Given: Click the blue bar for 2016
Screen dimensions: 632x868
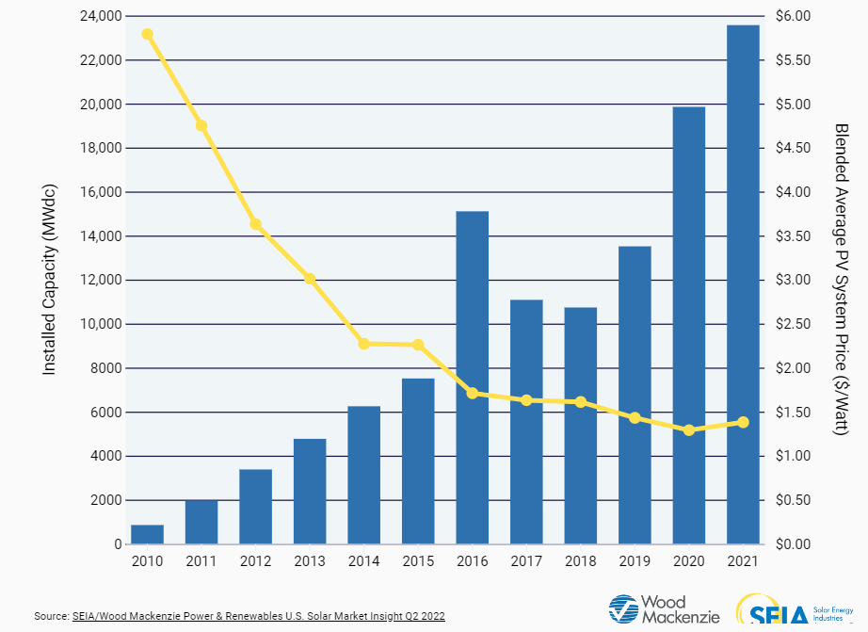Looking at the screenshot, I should point(472,377).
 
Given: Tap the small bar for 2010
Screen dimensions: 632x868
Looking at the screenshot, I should point(147,534).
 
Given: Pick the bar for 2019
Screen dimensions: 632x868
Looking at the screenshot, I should point(635,396).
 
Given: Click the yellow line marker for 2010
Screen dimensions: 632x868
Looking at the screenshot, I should point(147,34).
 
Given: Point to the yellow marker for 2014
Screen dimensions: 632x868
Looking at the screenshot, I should point(363,344).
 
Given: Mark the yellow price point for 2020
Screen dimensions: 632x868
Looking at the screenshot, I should point(689,430).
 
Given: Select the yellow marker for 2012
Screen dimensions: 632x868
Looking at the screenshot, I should point(255,224).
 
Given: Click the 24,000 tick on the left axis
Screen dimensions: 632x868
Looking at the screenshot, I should point(94,17).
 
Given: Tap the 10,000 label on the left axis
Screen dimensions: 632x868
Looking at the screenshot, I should point(94,324).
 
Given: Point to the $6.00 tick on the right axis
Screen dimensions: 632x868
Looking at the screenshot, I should point(793,17).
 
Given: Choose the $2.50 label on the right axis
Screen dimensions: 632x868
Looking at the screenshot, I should point(793,324).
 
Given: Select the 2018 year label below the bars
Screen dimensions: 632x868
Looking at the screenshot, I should point(580,561).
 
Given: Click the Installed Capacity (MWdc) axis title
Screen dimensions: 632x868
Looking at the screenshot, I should point(50,280).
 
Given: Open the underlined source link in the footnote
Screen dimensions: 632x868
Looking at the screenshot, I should point(258,616).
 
